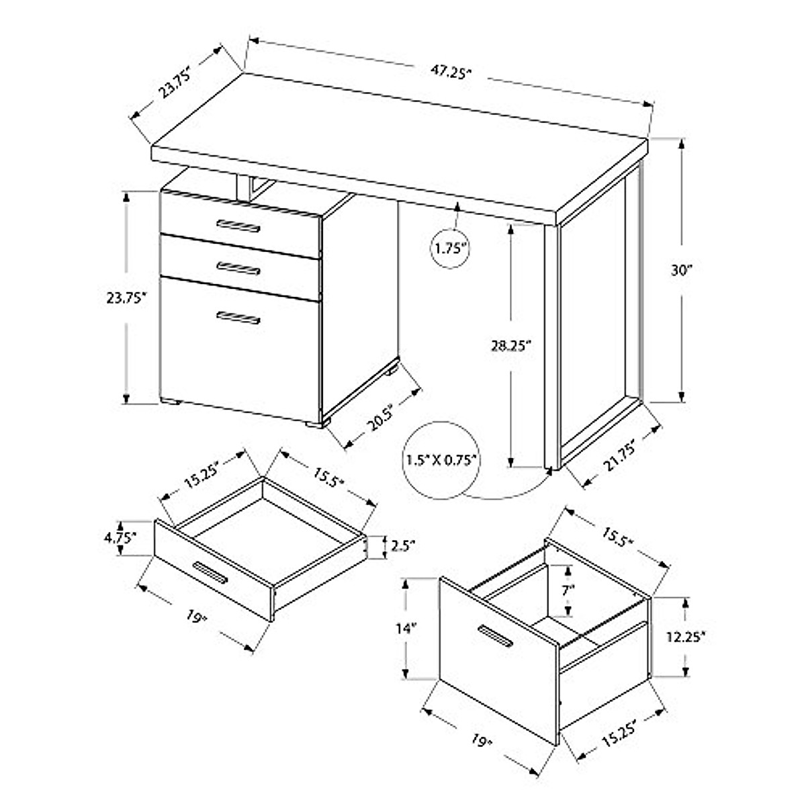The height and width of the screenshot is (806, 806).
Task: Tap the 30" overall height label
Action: point(681,270)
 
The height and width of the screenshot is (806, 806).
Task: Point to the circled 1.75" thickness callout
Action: point(449,248)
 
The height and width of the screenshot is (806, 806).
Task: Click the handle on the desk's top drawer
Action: point(238,225)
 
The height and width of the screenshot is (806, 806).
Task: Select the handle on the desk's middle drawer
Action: point(238,268)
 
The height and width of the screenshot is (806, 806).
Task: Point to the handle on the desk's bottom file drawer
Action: point(238,318)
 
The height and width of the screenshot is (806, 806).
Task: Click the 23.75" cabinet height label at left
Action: point(126,298)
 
